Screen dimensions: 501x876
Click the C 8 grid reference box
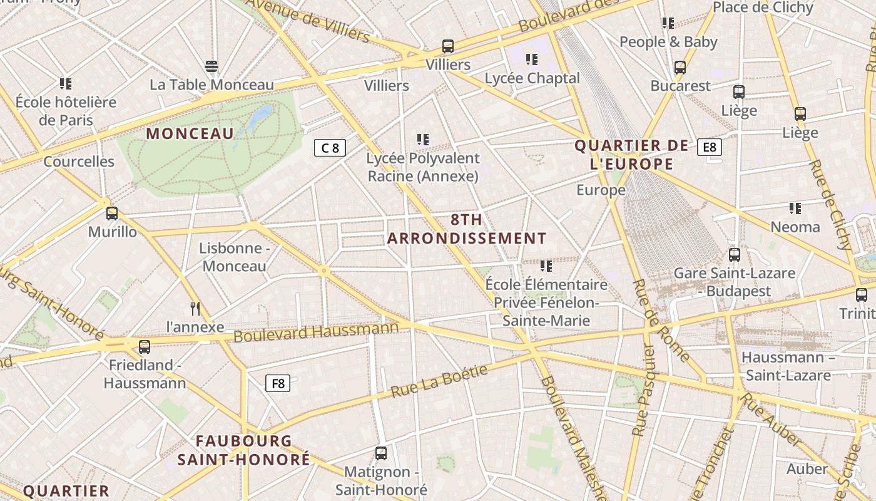click(330, 148)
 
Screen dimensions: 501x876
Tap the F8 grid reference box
click(278, 383)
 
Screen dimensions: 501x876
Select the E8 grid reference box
click(709, 147)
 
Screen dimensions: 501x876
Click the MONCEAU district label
click(190, 133)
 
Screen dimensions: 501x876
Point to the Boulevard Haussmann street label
click(316, 333)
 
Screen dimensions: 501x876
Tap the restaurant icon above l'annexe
click(195, 308)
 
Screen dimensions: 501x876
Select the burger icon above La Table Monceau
click(211, 66)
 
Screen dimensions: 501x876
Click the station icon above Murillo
click(112, 214)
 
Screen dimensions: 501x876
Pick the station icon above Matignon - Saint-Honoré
click(381, 453)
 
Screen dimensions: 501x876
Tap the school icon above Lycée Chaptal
click(532, 59)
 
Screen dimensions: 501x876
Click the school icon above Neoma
click(795, 208)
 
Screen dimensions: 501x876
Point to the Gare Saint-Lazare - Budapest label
click(734, 282)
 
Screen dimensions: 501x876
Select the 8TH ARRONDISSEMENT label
click(467, 229)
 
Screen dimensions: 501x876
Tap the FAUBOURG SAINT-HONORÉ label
click(243, 450)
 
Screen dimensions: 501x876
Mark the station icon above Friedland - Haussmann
click(145, 346)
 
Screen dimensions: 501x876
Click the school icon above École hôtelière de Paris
click(66, 83)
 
